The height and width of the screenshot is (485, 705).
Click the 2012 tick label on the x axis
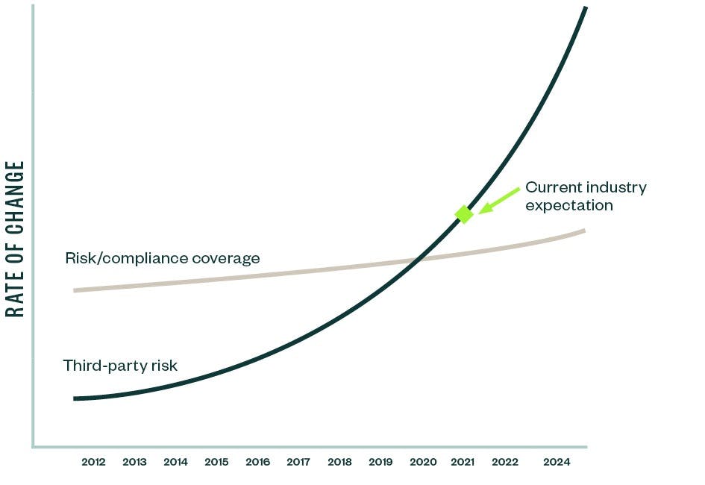pos(93,462)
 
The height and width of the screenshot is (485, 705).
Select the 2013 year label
pos(134,462)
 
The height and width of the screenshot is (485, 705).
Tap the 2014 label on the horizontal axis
pos(175,462)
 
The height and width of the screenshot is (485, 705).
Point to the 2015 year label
pos(216,462)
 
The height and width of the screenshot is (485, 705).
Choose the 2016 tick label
pos(257,462)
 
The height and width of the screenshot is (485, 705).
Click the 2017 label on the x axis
pos(298,462)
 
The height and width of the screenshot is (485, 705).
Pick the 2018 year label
pos(339,462)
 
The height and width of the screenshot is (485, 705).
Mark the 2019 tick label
pos(380,462)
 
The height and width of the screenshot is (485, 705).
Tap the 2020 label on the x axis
pos(423,462)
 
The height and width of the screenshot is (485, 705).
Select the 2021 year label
pos(463,462)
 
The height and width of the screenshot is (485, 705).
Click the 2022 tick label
pos(505,462)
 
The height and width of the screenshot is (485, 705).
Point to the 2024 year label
pos(557,462)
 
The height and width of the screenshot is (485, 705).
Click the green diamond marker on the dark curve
pos(464,214)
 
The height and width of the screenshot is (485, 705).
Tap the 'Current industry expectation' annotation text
pos(586,196)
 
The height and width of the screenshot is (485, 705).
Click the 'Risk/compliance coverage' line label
pos(163,259)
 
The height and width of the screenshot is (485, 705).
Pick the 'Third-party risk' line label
pos(120,366)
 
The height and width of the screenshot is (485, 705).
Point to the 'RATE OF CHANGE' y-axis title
pos(16,239)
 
